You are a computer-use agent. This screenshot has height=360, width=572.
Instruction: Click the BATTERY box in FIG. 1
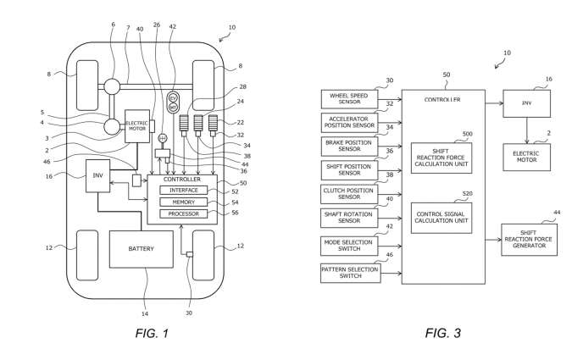tap(142, 249)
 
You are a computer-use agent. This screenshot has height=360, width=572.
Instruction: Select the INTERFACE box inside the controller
tap(183, 190)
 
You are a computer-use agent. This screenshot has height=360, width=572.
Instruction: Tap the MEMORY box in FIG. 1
tap(183, 202)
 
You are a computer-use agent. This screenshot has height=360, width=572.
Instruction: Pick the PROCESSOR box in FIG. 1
tap(183, 213)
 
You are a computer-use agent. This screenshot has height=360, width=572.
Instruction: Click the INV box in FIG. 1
tap(98, 175)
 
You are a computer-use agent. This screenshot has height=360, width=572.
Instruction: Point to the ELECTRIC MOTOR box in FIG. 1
tap(137, 125)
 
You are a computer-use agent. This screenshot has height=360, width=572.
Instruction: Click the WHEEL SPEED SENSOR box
tap(349, 99)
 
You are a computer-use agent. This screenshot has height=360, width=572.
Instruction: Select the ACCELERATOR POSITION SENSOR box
tap(349, 122)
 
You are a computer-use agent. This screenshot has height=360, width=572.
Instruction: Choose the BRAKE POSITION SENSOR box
tap(349, 145)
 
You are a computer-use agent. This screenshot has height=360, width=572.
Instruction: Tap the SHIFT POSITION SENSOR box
tap(349, 169)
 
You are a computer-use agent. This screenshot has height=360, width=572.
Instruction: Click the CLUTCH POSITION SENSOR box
tap(349, 193)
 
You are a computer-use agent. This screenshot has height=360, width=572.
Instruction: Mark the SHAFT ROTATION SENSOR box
tap(349, 218)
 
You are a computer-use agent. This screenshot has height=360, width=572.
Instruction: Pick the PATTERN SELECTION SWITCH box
tap(349, 273)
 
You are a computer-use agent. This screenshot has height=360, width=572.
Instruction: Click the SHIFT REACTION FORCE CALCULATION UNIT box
tap(441, 158)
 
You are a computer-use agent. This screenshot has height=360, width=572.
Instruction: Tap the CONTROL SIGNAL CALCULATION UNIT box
tap(441, 218)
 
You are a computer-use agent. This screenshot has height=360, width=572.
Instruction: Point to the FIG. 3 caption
tap(443, 333)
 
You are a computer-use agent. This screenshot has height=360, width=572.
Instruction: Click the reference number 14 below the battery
tap(143, 291)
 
